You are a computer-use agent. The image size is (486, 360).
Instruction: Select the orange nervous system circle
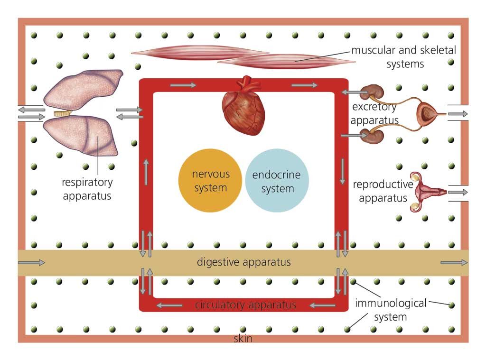pos(210,181)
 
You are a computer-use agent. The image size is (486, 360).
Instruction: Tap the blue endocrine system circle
pos(277,181)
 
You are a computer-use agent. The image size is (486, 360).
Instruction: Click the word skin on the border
pos(243,339)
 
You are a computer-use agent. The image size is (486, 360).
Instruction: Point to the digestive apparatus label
pos(244,262)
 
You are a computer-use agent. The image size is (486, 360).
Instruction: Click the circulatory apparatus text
pos(245,305)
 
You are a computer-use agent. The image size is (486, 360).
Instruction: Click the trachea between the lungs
pos(61,114)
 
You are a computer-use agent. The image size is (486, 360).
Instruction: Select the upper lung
pos(83,90)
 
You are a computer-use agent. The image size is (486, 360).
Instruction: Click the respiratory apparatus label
pos(87,189)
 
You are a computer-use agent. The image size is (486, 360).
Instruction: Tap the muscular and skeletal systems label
pos(403,57)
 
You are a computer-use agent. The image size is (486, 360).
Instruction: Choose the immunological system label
pos(391,309)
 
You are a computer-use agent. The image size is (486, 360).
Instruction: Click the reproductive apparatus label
pos(383,191)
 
